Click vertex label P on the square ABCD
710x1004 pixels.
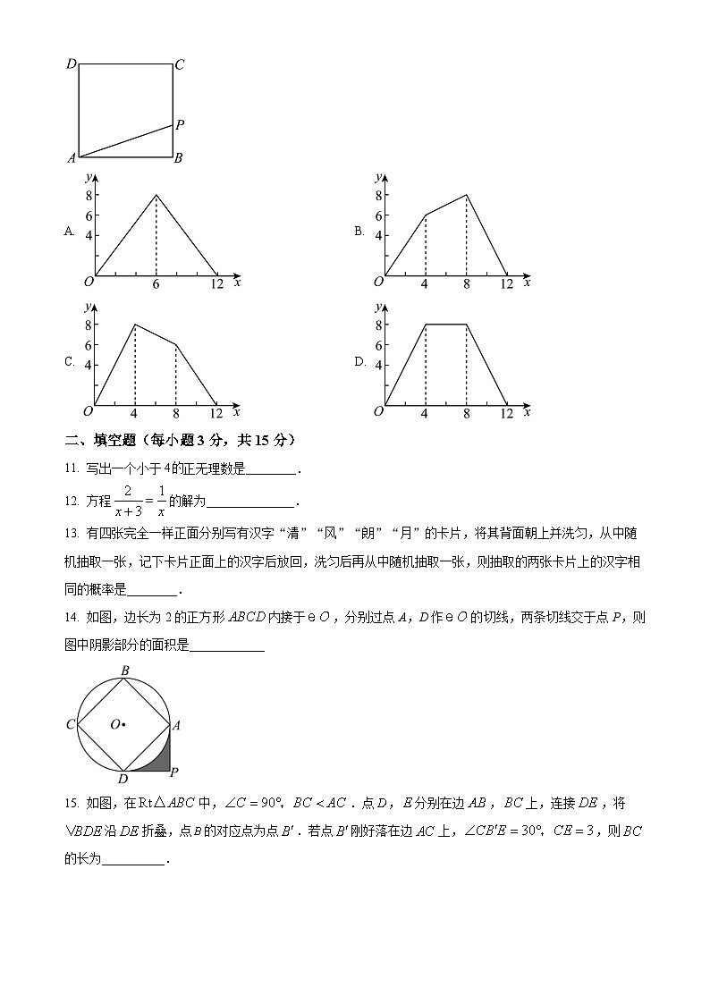(180, 125)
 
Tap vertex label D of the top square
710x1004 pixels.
(72, 64)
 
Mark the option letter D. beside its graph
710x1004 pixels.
(359, 361)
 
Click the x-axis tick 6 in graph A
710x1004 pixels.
(156, 284)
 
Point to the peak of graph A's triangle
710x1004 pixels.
(156, 195)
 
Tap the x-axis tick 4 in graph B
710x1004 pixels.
(425, 284)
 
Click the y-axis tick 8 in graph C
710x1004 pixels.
(89, 325)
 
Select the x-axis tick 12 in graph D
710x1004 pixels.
(506, 414)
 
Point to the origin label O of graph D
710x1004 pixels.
(378, 411)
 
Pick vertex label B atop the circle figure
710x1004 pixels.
(124, 671)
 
